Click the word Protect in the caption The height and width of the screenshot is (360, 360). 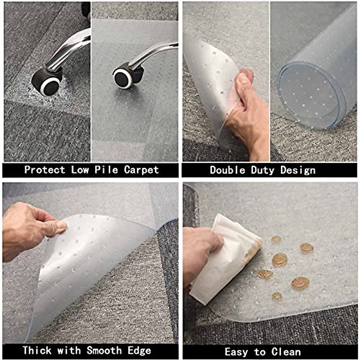45,170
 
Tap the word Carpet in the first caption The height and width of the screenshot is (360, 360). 141,170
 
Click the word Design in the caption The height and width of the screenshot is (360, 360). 298,170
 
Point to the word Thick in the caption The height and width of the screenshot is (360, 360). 37,350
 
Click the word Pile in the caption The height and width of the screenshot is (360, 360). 106,170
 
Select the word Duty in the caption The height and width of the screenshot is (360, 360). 263,170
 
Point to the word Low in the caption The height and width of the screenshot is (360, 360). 80,170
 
